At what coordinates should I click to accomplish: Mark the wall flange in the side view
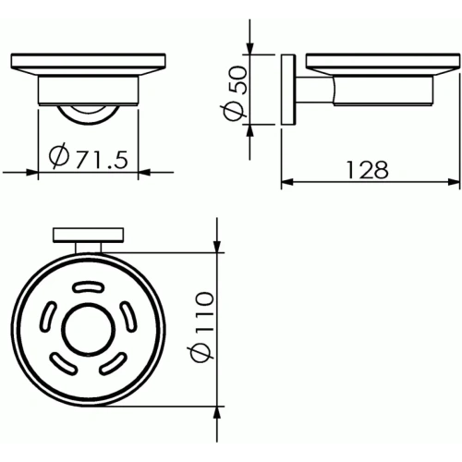click(287, 92)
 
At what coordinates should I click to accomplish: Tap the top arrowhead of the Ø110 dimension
click(215, 247)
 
